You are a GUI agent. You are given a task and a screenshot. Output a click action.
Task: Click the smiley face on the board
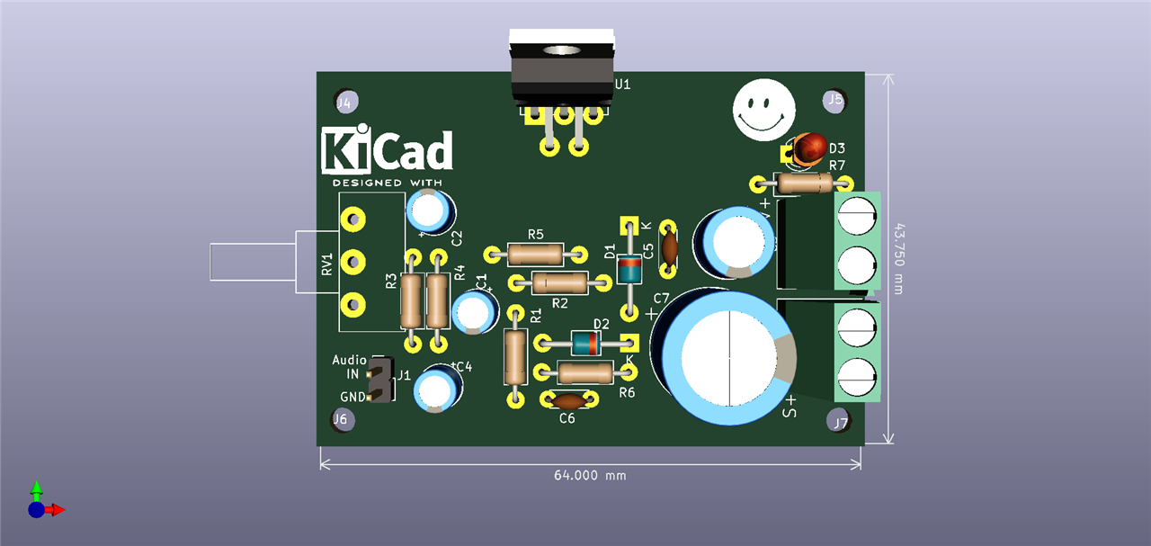pyautogui.click(x=763, y=108)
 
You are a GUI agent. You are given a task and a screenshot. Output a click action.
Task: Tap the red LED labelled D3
pyautogui.click(x=809, y=147)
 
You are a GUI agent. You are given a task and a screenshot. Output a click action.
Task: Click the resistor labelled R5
pyautogui.click(x=535, y=254)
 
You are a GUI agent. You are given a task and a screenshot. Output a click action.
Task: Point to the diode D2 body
pyautogui.click(x=586, y=343)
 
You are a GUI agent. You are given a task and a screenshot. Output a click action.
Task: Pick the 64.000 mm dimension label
pyautogui.click(x=589, y=475)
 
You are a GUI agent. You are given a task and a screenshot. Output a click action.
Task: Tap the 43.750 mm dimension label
pyautogui.click(x=899, y=259)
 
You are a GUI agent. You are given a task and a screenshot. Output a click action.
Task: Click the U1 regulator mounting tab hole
pyautogui.click(x=563, y=53)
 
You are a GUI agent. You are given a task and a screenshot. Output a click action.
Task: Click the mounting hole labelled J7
pyautogui.click(x=838, y=420)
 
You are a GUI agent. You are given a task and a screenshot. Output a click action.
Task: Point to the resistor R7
pyautogui.click(x=804, y=183)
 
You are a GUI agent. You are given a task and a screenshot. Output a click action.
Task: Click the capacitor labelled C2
pyautogui.click(x=430, y=211)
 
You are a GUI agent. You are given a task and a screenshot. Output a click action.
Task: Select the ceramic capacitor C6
pyautogui.click(x=568, y=399)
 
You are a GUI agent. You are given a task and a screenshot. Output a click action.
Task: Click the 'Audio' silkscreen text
pyautogui.click(x=349, y=360)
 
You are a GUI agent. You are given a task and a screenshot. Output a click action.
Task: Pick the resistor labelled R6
pyautogui.click(x=584, y=371)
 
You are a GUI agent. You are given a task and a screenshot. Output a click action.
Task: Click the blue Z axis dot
pyautogui.click(x=36, y=510)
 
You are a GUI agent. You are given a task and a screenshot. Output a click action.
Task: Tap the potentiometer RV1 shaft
pyautogui.click(x=252, y=263)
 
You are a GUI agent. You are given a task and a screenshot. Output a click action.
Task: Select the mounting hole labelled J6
pyautogui.click(x=341, y=419)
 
